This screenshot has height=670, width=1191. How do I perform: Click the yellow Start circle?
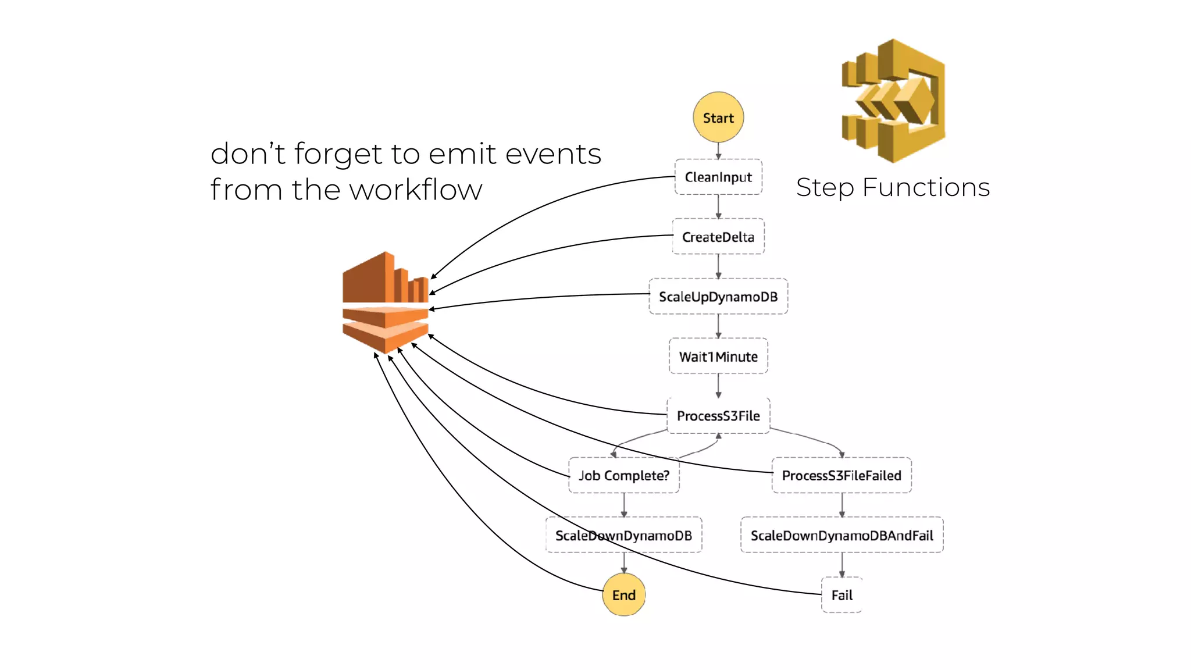click(x=718, y=117)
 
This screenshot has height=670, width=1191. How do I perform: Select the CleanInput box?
click(x=718, y=177)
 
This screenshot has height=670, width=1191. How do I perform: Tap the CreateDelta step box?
click(x=718, y=237)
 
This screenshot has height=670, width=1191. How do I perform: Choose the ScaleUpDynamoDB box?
click(x=718, y=297)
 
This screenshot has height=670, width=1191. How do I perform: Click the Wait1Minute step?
click(x=718, y=356)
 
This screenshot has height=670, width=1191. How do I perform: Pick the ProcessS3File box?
click(x=718, y=416)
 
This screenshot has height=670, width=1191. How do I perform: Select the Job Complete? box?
click(x=623, y=476)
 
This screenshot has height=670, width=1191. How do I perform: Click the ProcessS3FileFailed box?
click(x=841, y=476)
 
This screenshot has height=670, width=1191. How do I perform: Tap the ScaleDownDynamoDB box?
click(x=623, y=535)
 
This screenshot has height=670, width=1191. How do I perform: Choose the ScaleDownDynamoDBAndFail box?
click(x=841, y=535)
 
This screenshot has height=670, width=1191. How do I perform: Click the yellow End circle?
click(x=623, y=595)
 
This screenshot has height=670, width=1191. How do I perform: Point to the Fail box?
click(x=841, y=595)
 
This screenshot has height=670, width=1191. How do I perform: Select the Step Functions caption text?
click(x=893, y=187)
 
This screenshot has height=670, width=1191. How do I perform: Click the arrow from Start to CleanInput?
click(x=718, y=151)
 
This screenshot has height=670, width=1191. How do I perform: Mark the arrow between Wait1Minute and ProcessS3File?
click(x=718, y=386)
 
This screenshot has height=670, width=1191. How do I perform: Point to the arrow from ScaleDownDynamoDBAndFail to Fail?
click(x=841, y=565)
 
